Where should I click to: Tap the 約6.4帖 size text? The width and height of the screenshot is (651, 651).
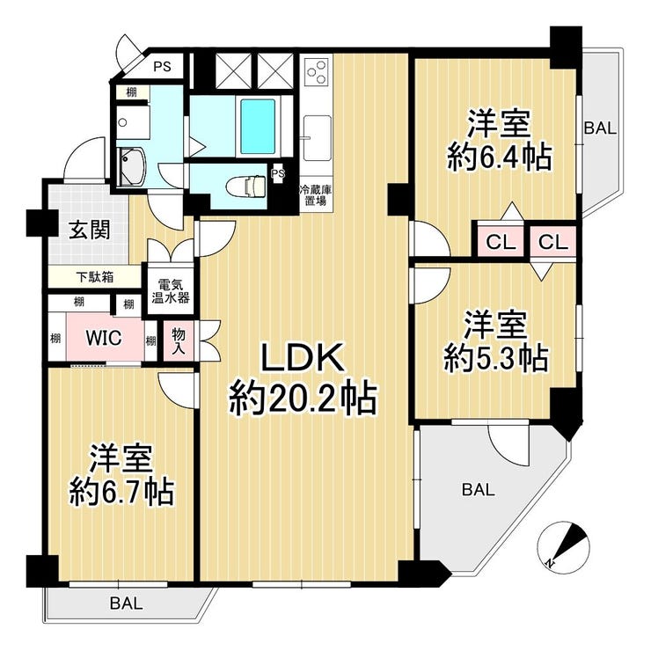tap(500, 157)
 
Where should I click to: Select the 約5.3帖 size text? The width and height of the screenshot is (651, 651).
tap(495, 358)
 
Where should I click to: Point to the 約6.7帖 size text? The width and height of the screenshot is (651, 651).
tap(121, 492)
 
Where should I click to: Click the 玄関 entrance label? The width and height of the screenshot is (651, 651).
tap(89, 230)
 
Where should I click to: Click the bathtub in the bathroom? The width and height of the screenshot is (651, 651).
tap(258, 126)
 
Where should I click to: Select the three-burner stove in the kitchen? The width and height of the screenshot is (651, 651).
tap(318, 72)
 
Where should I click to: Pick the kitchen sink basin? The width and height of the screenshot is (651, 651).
tap(318, 138)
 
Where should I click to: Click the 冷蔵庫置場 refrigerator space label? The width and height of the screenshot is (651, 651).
tap(316, 195)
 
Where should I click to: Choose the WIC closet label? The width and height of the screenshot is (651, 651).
tap(104, 338)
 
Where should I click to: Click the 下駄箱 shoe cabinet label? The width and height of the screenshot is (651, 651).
tap(95, 277)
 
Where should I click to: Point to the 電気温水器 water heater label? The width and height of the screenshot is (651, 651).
tap(171, 291)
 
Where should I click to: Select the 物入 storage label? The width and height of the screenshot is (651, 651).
tap(179, 340)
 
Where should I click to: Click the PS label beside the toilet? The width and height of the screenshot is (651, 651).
tap(278, 173)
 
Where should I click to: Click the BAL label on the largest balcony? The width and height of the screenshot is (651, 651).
tap(479, 490)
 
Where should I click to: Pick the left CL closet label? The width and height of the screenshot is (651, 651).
tap(501, 242)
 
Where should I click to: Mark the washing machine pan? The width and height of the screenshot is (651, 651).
tap(130, 166)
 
